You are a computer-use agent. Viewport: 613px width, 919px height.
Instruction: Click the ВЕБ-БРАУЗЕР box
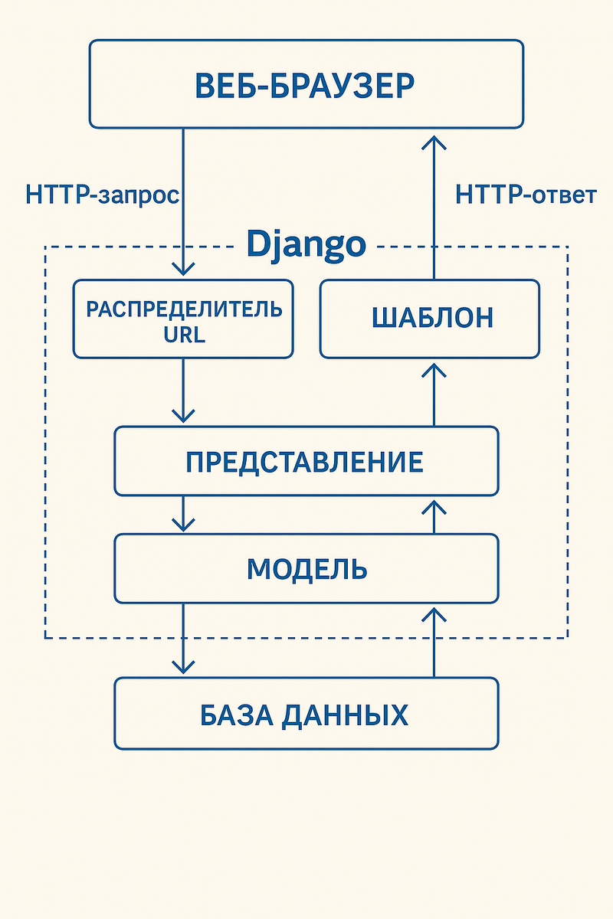coord(306,83)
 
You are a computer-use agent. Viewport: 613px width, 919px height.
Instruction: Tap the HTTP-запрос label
coord(102,195)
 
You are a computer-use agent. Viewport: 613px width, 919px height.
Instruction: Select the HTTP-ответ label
coord(526,195)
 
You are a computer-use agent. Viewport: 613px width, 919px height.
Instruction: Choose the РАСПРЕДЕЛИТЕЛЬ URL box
coord(183,319)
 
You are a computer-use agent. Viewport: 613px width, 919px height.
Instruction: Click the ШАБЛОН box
coord(430,319)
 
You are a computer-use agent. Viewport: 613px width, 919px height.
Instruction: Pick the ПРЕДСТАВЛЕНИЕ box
coord(306,461)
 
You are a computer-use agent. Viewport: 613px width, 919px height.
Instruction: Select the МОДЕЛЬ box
coord(306,568)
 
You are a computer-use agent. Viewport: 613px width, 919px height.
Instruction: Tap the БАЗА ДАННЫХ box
coord(306,714)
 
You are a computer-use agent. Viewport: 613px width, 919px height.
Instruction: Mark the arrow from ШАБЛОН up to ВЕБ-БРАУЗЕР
coord(434,207)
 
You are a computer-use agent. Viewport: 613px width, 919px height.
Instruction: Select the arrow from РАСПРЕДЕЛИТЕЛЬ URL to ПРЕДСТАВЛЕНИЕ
coord(183,391)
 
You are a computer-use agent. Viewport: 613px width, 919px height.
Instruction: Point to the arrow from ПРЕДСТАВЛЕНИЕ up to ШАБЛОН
coord(434,394)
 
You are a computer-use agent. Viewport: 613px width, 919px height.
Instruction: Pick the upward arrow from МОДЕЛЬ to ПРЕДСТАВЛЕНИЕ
coord(434,516)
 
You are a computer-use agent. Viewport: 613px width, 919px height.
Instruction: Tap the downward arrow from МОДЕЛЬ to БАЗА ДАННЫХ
coord(183,639)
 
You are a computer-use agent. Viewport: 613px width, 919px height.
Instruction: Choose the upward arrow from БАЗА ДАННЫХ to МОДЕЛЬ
coord(434,642)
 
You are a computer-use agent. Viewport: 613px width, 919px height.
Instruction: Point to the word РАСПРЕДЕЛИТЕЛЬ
coord(184,310)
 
